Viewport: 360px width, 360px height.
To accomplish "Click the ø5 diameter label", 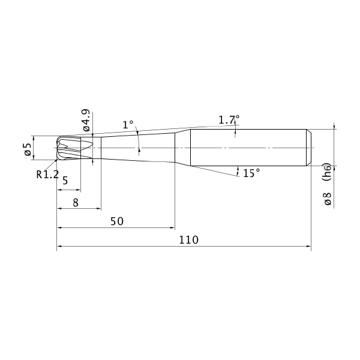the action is click(x=28, y=149).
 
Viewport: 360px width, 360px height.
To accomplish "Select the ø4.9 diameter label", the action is click(x=86, y=120).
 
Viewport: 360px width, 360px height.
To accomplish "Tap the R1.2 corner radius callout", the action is click(x=47, y=175).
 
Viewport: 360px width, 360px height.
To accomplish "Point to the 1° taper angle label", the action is click(x=128, y=125).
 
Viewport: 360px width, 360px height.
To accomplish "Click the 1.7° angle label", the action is click(x=229, y=119).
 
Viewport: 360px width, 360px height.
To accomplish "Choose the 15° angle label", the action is click(x=251, y=173).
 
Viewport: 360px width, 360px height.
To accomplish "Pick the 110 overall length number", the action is click(x=188, y=240).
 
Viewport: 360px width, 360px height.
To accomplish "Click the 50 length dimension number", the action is click(x=117, y=221).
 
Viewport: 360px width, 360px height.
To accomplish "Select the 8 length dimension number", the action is click(x=76, y=203).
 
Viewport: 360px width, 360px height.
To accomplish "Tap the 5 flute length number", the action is click(x=65, y=181).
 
